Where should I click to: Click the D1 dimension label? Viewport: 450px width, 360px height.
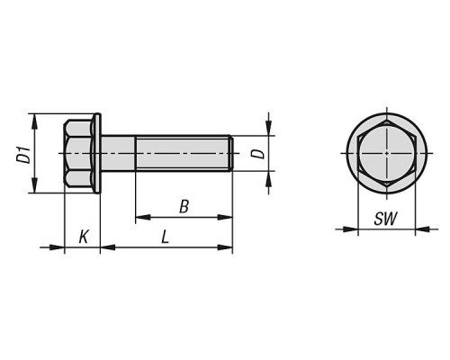[23, 155]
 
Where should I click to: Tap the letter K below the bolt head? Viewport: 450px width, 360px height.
[84, 237]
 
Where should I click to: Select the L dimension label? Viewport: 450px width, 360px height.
[165, 237]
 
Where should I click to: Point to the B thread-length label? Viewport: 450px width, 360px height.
[184, 207]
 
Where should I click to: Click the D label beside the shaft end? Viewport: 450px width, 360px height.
[258, 154]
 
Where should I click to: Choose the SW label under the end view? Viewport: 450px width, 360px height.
[386, 219]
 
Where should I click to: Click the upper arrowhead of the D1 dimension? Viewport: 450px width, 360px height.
[35, 121]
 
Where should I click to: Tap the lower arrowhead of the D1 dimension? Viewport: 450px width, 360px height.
[35, 185]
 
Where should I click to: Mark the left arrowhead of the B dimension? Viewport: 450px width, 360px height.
[143, 217]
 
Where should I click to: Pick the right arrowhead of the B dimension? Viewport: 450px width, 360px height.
[225, 217]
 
